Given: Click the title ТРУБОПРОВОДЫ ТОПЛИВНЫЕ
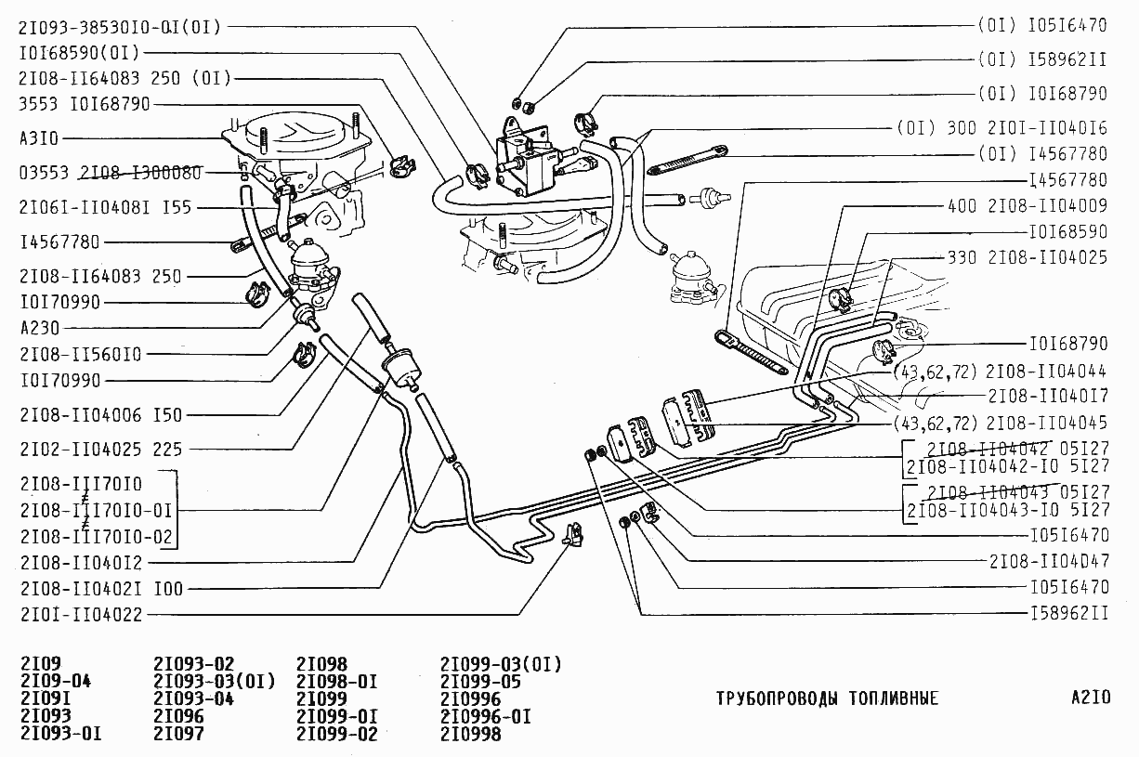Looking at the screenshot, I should coord(827,698).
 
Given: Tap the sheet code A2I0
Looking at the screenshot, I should coord(1090,698).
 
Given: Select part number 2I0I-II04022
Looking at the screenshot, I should coord(82,615).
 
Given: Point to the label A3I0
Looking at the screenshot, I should coord(38,138).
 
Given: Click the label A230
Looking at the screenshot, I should coord(38,328).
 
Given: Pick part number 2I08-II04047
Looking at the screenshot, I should coord(1049,561).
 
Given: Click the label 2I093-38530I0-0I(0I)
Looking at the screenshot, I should coord(119,27).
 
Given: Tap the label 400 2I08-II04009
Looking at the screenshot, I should coord(1027,205).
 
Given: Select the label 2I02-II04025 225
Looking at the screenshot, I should coord(100,450).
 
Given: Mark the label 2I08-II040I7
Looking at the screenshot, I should coord(1048,397).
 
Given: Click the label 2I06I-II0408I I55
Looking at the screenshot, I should coord(105,207).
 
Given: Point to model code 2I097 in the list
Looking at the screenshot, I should coord(178,734).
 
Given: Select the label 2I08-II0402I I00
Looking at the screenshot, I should coord(101,588).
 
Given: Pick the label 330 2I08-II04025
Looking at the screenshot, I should coord(1027,257).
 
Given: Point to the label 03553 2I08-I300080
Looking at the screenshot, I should coord(110,173).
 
